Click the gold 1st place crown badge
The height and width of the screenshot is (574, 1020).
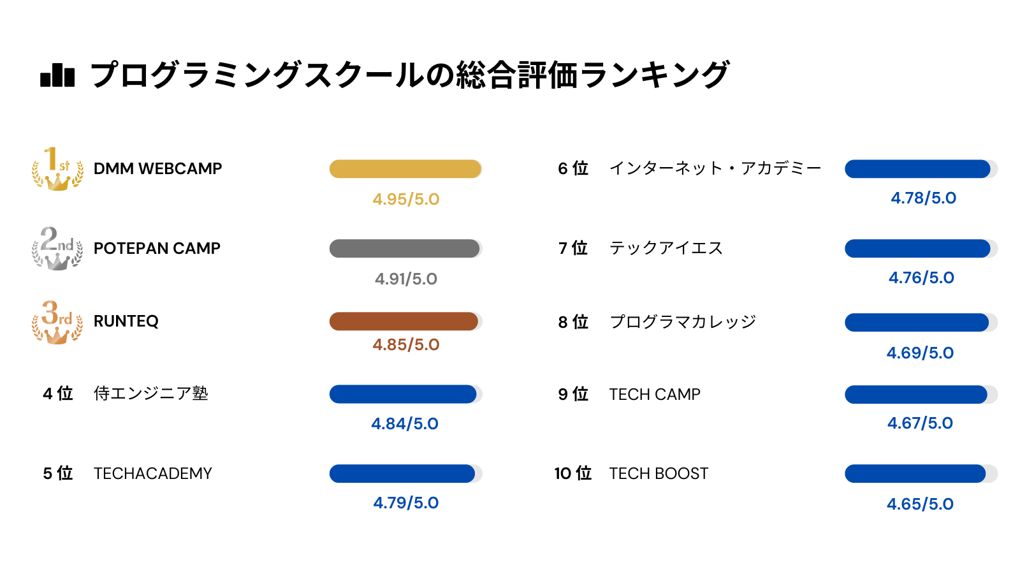(x=57, y=168)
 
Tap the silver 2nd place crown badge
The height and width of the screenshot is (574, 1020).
(x=57, y=248)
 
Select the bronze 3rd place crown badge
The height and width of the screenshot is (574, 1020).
(x=57, y=322)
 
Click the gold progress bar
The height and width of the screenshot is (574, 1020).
(x=405, y=169)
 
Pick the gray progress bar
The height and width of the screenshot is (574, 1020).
(x=405, y=248)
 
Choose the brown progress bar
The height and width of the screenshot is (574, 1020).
(x=405, y=321)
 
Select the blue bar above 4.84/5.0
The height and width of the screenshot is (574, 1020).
(x=405, y=394)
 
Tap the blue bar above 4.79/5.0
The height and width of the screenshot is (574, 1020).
(x=405, y=473)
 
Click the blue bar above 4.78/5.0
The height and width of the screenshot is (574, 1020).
(x=921, y=169)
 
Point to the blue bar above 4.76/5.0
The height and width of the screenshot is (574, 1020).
(x=921, y=248)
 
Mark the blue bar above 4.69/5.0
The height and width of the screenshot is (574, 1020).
(x=921, y=322)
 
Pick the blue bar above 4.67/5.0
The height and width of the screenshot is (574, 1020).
(x=921, y=395)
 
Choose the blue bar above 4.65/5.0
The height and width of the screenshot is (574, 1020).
(x=921, y=473)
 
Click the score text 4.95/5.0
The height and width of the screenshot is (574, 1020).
(x=406, y=199)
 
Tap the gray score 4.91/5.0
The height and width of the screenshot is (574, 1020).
(x=406, y=279)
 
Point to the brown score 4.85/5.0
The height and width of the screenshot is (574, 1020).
(x=406, y=344)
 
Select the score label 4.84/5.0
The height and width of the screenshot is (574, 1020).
(x=405, y=423)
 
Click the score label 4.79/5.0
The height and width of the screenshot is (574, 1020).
(x=406, y=503)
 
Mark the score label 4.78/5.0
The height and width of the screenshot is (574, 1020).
(x=924, y=198)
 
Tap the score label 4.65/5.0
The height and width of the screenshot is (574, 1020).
(x=920, y=504)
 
